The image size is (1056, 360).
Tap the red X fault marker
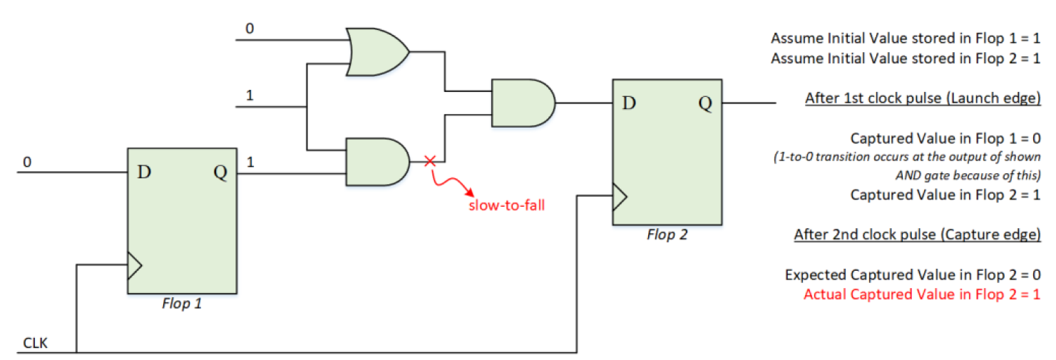click(x=429, y=162)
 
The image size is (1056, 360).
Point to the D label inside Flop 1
click(x=145, y=173)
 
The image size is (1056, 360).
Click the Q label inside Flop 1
click(x=220, y=173)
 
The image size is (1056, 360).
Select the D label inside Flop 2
click(x=629, y=103)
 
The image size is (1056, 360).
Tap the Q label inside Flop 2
click(x=704, y=103)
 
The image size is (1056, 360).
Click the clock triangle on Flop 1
click(x=134, y=266)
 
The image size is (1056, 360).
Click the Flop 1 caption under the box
click(x=182, y=304)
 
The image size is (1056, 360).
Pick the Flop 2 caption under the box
click(x=667, y=234)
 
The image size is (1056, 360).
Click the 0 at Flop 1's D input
click(x=27, y=163)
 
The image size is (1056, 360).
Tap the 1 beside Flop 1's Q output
click(x=250, y=163)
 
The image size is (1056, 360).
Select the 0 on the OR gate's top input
click(x=250, y=29)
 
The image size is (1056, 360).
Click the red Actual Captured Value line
click(x=921, y=294)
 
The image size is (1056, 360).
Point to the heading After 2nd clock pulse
click(x=917, y=235)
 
